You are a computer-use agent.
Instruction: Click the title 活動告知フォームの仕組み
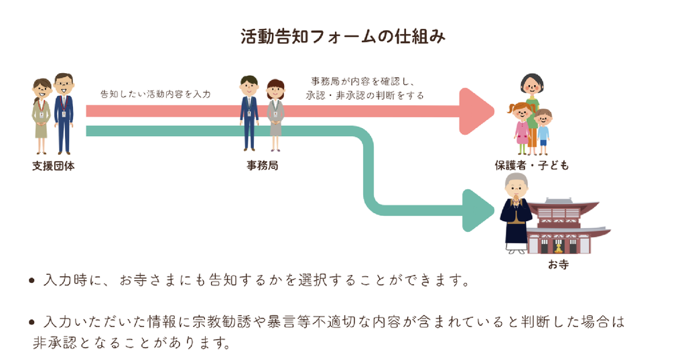(343, 37)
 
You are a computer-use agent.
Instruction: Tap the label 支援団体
(54, 166)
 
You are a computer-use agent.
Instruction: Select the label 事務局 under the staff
(263, 166)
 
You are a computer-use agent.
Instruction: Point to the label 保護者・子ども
(531, 166)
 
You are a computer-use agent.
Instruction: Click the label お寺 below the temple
(558, 265)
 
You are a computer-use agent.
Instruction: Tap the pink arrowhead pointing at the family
(477, 111)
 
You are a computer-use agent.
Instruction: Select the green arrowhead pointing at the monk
(478, 211)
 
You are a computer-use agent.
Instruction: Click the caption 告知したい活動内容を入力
(155, 94)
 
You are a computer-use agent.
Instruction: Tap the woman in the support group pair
(42, 116)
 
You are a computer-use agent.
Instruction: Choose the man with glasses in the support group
(64, 113)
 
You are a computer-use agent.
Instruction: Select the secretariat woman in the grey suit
(275, 115)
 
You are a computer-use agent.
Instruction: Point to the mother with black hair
(532, 112)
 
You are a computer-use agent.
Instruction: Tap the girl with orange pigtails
(521, 128)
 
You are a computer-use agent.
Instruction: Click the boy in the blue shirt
(543, 132)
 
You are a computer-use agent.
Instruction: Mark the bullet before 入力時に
(31, 281)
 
